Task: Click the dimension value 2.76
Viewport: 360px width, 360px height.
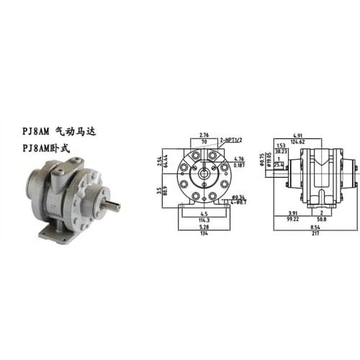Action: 203,135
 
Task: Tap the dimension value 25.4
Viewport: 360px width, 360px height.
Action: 280,165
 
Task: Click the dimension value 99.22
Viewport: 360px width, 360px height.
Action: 292,219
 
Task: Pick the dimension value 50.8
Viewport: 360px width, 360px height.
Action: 319,219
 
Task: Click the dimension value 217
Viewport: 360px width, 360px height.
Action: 310,233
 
